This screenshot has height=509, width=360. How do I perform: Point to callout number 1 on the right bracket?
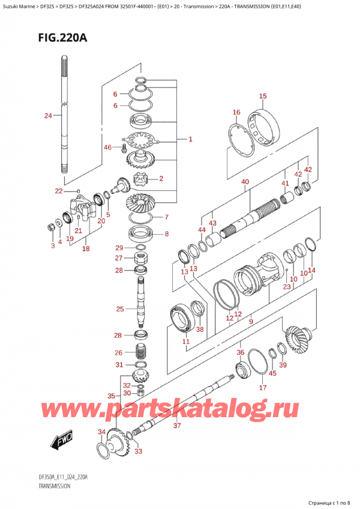coord(190,140)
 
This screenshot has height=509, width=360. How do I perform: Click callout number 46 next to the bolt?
coord(108,147)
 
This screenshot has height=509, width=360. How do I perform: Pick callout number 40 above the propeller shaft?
coord(245,182)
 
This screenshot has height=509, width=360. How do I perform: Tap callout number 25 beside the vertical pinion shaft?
coord(120,309)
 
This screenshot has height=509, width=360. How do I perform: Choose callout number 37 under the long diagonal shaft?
coord(176,426)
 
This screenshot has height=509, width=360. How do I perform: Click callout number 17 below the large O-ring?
coord(262,388)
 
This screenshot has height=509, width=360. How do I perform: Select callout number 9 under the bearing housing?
coord(251,322)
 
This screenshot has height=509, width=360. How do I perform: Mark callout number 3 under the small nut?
coord(52,245)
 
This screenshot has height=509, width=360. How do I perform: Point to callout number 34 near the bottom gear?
coord(101,432)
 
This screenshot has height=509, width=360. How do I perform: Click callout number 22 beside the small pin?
coord(58,191)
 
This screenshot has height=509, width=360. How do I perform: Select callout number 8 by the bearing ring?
coord(166,234)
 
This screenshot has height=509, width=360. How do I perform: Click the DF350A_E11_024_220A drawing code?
coord(63,477)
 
